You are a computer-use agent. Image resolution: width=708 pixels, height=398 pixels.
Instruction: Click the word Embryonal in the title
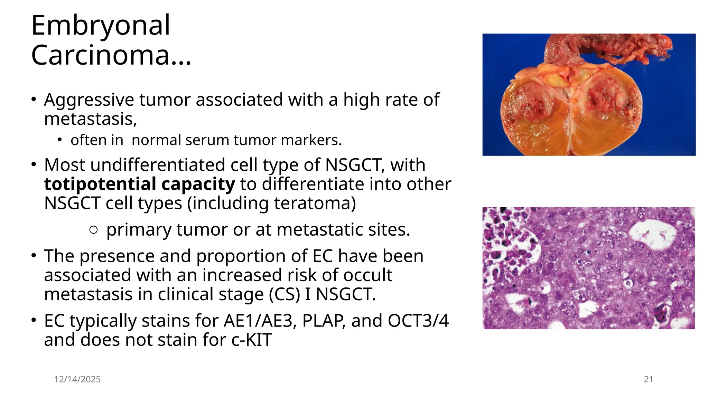(100, 26)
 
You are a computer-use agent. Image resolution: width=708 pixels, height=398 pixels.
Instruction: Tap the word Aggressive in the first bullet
(89, 100)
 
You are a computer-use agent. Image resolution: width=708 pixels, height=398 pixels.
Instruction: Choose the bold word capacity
(198, 184)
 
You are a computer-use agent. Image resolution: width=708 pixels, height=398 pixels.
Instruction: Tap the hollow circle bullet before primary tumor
(93, 230)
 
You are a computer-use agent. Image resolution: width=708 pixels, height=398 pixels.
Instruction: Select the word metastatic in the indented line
(313, 230)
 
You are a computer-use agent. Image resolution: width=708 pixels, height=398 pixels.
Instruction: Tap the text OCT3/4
(418, 321)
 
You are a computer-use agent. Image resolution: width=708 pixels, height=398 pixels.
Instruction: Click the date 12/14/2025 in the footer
(77, 379)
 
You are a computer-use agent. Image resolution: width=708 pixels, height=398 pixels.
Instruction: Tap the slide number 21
(649, 379)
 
